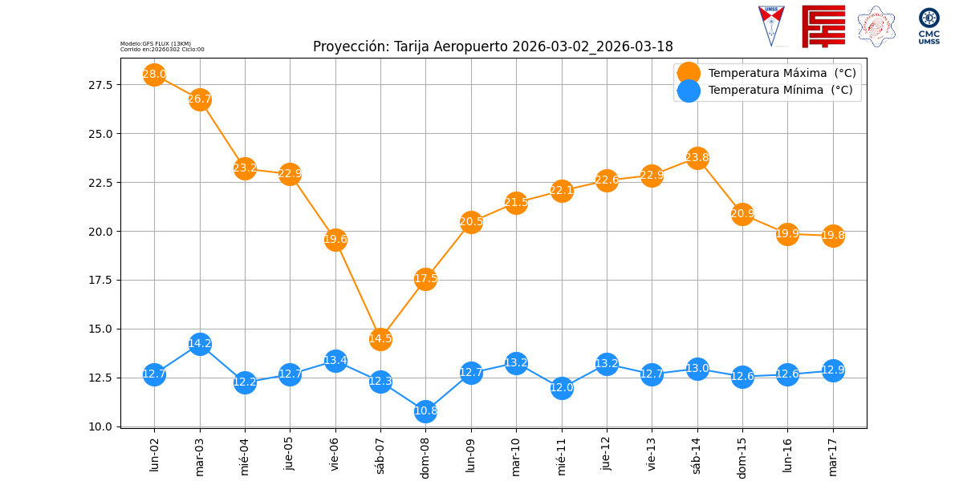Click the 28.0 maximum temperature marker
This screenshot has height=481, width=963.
(x=154, y=75)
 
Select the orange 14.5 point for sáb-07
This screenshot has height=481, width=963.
(x=380, y=338)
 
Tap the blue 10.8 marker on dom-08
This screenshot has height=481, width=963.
(x=425, y=410)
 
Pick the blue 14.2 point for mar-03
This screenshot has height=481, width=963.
(x=200, y=344)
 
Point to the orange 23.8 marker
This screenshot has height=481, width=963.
(x=697, y=157)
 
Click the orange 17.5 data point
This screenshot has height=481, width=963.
(x=425, y=279)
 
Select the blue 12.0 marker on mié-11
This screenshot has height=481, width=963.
(x=562, y=388)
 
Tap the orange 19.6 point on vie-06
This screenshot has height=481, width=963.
(x=335, y=239)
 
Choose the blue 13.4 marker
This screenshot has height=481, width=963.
(x=335, y=360)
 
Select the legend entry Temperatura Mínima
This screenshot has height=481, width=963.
(x=780, y=91)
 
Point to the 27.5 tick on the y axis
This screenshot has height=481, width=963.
(x=103, y=84)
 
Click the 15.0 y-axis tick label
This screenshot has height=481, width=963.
(x=103, y=329)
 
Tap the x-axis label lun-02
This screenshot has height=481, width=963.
(x=154, y=454)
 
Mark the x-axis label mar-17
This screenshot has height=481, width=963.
(x=833, y=455)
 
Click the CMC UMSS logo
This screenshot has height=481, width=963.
(x=929, y=26)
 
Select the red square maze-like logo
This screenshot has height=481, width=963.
(x=823, y=26)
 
